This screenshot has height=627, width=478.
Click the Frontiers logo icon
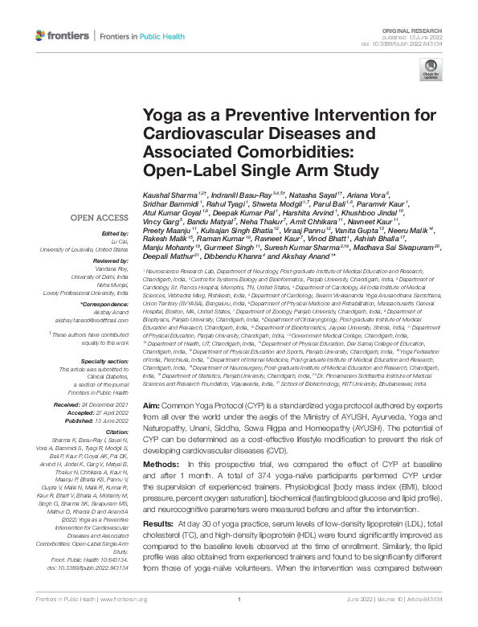coord(41,36)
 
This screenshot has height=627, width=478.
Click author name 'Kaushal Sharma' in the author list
coord(166,196)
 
